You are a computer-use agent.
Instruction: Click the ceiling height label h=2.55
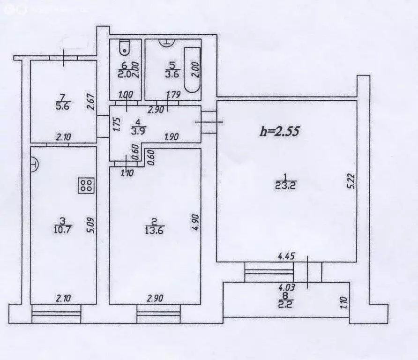pyautogui.click(x=279, y=131)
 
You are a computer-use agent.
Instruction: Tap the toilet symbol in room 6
pyautogui.click(x=124, y=47)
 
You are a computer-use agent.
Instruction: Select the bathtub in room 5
pyautogui.click(x=193, y=69)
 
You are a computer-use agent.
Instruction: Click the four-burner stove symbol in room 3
pyautogui.click(x=86, y=186)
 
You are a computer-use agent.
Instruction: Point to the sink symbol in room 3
pyautogui.click(x=34, y=164)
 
